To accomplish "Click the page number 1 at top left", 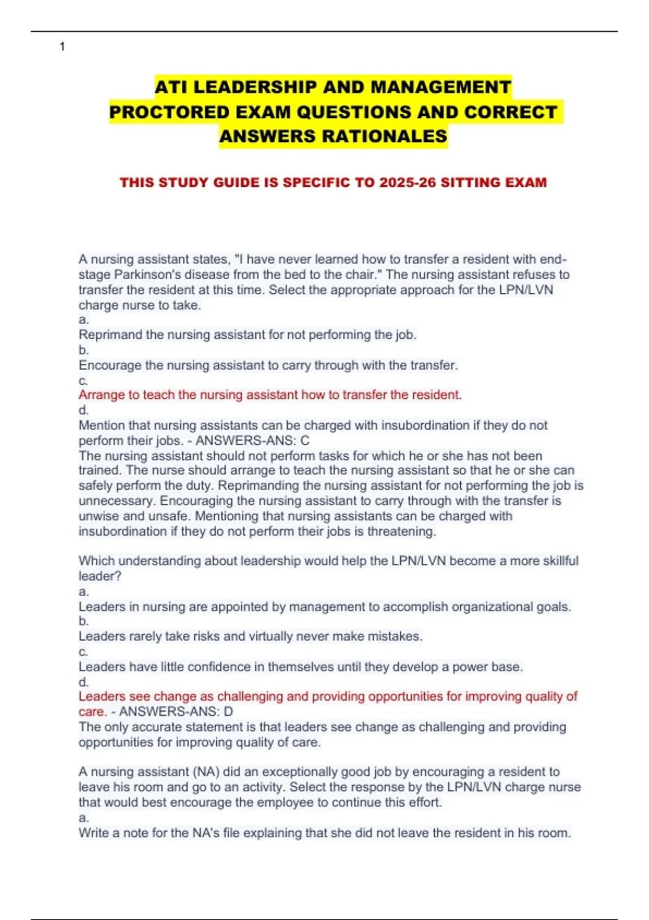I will (x=62, y=47).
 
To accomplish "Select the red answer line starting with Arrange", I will (x=270, y=395).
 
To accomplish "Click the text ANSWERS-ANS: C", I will (x=253, y=441).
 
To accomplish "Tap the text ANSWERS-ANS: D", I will (x=176, y=712).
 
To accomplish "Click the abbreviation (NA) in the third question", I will (x=177, y=772).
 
